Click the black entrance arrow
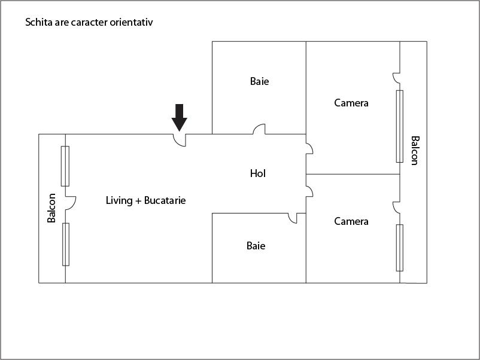point(179,118)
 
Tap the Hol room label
point(258,173)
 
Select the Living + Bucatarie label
point(145,200)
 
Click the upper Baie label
point(260,81)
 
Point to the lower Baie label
point(256,246)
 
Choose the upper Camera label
point(351,103)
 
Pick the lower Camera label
point(351,221)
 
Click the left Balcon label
point(51,208)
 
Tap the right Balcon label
point(415,151)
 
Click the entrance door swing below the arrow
point(180,141)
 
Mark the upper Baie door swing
point(259,129)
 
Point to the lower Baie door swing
point(293,218)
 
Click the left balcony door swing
point(71,203)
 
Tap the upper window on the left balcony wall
point(65,166)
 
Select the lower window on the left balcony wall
point(65,245)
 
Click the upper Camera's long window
point(399,126)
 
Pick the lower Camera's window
point(399,248)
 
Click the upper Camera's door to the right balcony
point(396,78)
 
